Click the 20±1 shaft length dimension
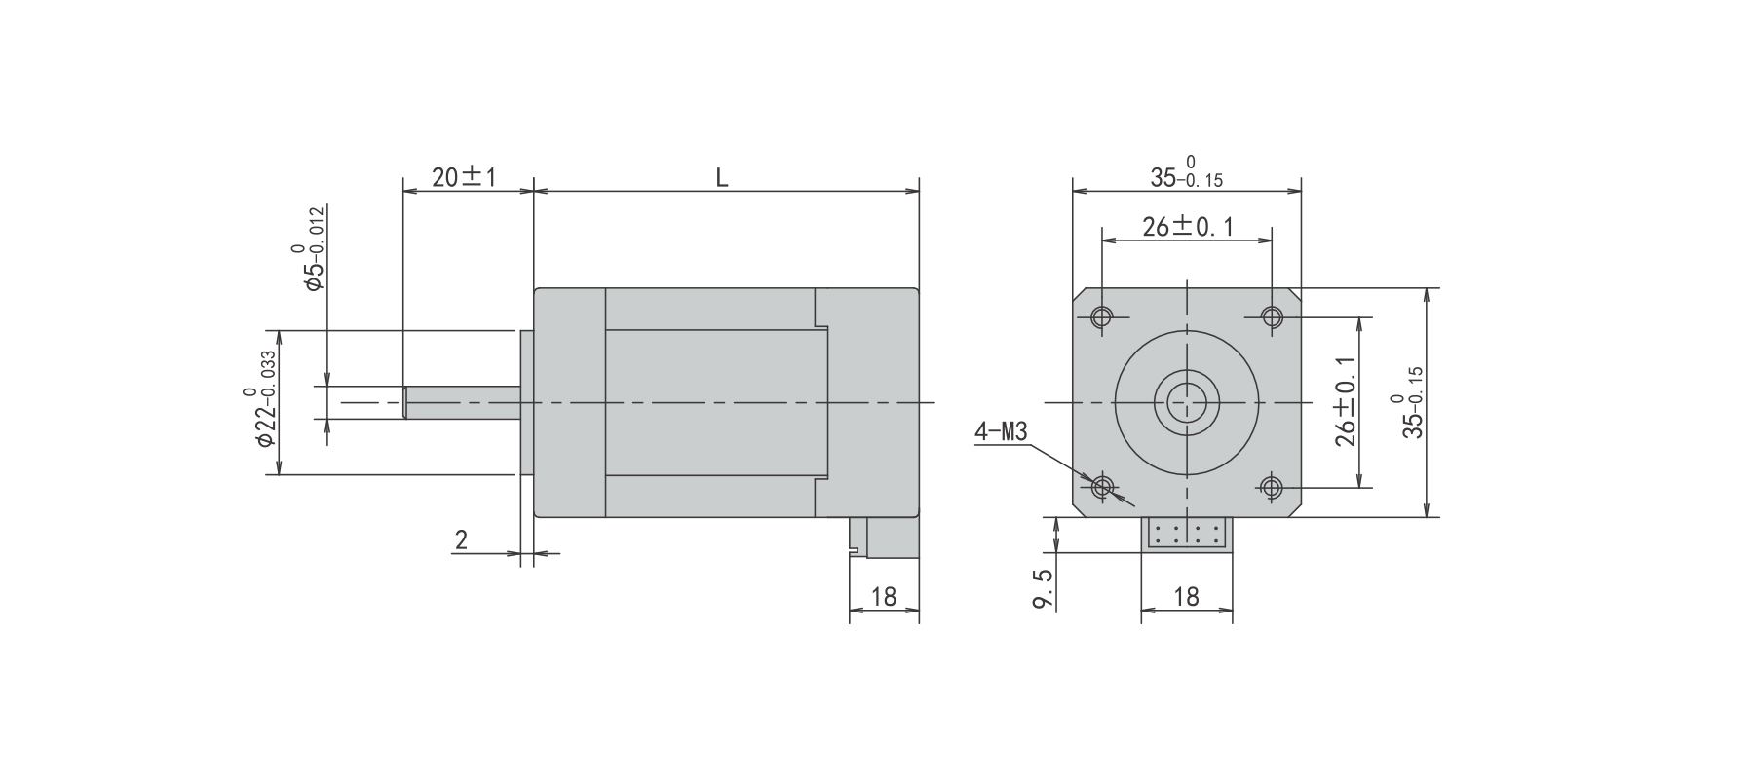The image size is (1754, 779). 464,176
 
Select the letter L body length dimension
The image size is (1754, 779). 722,177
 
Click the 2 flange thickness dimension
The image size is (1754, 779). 461,540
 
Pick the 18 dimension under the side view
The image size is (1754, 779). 884,597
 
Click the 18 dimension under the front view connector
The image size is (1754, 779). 1186,597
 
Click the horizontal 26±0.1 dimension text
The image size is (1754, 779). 1188,227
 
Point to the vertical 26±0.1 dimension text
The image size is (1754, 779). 1346,400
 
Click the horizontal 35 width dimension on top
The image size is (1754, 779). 1186,173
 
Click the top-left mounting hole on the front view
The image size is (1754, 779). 1102,316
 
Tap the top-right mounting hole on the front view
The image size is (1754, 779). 1272,316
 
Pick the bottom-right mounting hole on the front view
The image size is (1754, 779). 1272,486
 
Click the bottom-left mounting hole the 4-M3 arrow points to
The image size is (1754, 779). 1102,486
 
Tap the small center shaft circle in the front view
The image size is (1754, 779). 1187,401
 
